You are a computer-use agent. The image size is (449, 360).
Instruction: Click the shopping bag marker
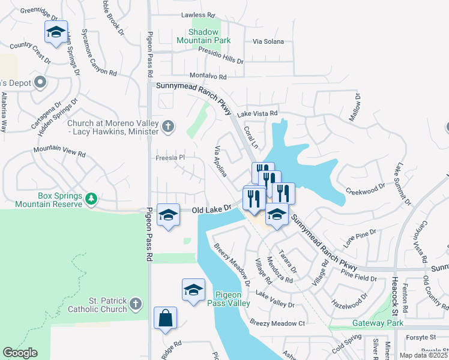pos(165,319)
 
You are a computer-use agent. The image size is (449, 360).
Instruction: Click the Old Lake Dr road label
pos(211,209)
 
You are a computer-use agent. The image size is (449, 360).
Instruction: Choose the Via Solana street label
pos(268,41)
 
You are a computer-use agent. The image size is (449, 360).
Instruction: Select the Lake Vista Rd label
pos(257,113)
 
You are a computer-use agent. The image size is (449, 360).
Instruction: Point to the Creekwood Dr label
pos(365,191)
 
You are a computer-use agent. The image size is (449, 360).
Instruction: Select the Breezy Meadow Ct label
pos(278,323)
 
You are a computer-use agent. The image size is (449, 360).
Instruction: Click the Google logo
pos(20,353)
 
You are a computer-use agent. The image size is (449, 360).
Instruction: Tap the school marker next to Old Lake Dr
pos(169,215)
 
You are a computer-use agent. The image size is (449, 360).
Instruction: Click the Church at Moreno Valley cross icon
pos(169,126)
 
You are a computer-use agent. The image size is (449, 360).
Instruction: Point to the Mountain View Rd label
pos(59,151)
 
